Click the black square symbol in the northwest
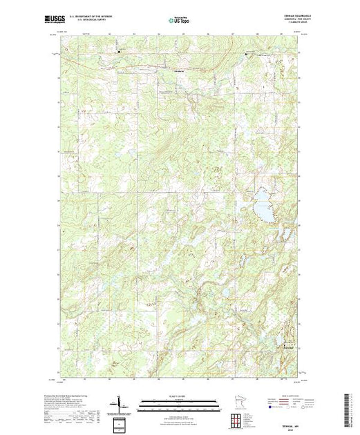[x=118, y=51]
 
